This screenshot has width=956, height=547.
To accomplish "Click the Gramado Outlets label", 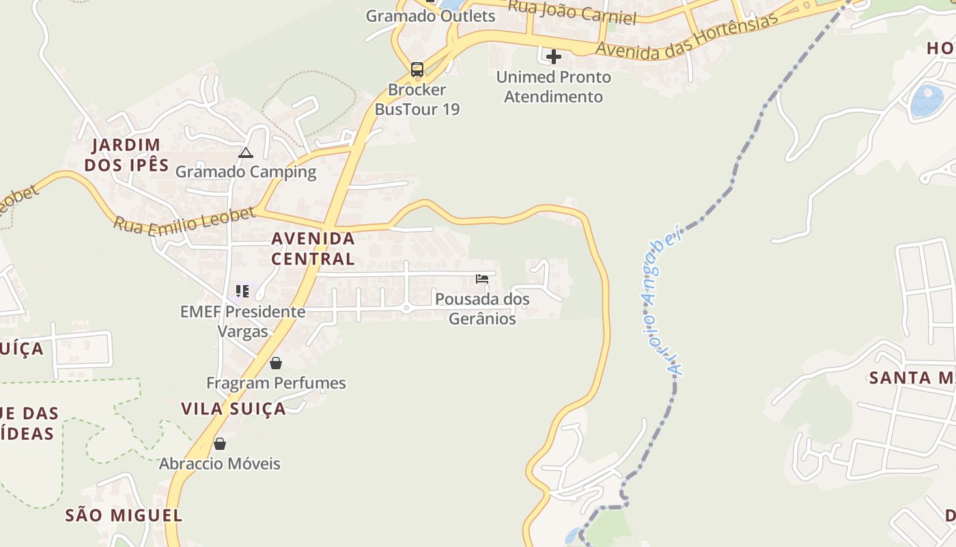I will tap(430, 16).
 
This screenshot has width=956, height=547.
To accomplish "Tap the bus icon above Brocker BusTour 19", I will tap(417, 70).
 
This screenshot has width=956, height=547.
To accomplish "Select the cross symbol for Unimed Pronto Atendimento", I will tap(554, 57).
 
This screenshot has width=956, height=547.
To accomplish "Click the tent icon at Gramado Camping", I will tap(246, 152).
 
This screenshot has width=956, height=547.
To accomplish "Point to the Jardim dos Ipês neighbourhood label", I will tap(126, 155).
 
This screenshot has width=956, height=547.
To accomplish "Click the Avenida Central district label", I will tap(313, 248).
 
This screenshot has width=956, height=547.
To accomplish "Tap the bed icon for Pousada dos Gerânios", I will tap(482, 279).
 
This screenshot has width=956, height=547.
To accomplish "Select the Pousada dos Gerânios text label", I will tap(482, 308).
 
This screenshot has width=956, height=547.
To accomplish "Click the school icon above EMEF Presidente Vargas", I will tap(242, 291).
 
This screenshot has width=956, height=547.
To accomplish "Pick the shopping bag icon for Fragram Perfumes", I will tap(276, 362).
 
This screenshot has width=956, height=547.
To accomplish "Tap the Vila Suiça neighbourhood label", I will tap(234, 408).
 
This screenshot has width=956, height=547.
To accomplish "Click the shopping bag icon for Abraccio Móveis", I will tap(219, 444).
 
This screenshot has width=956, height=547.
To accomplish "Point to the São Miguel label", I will tap(124, 515).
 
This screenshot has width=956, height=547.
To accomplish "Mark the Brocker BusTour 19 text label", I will tap(417, 99).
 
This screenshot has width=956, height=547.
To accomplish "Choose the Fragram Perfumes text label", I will tap(276, 383).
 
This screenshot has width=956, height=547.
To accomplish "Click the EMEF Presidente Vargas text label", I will tap(242, 321).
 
